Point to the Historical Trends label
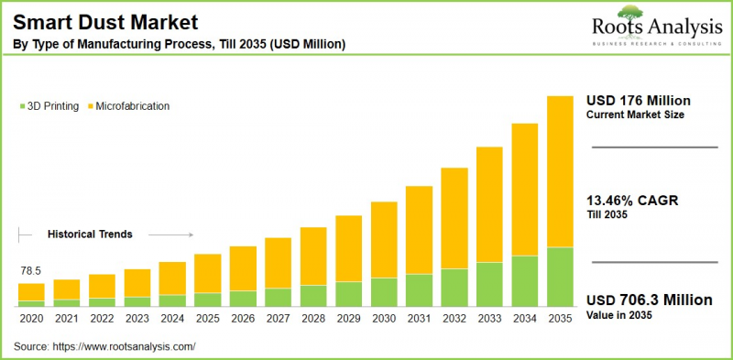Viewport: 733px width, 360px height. click(x=90, y=235)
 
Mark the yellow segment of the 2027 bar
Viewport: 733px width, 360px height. click(x=278, y=263)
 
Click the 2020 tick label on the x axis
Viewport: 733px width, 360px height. click(x=31, y=317)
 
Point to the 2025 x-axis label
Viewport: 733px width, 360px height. click(x=207, y=317)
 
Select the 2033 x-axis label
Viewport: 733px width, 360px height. click(x=490, y=317)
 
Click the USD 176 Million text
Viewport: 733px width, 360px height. click(x=639, y=100)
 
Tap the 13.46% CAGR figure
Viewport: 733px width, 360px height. click(x=632, y=201)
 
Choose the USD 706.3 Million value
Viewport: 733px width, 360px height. click(x=649, y=300)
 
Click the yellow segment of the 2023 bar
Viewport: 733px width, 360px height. click(x=137, y=283)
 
